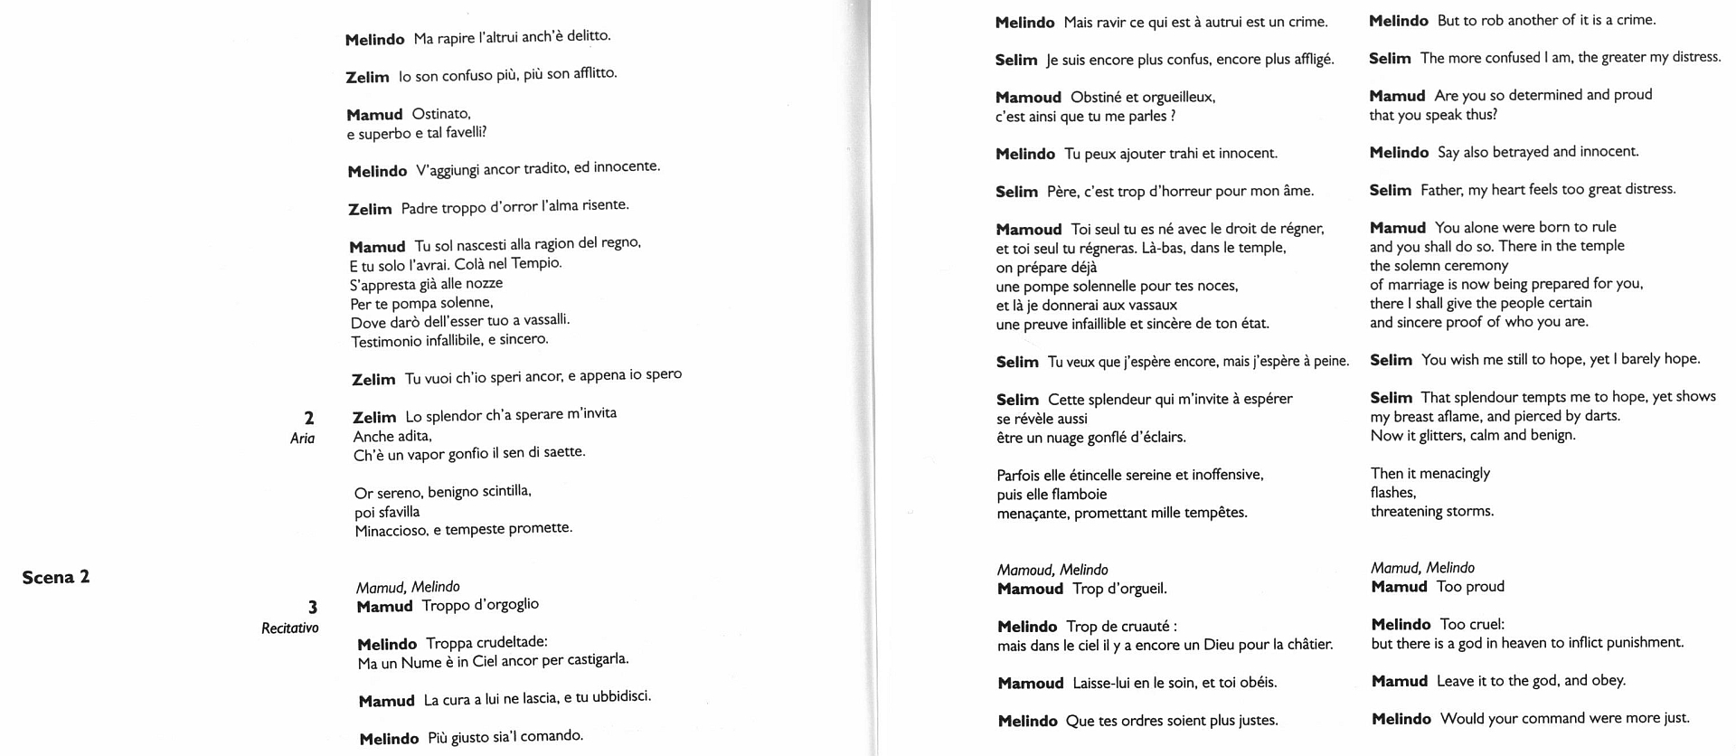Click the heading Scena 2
(56, 577)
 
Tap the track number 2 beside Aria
(309, 418)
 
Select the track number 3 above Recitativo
(313, 608)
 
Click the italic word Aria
(302, 439)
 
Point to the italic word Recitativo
(289, 628)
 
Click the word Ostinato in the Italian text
(441, 114)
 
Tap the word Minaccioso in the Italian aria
(391, 531)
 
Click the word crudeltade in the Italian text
(512, 642)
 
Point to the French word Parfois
(1019, 475)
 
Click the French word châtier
(1308, 644)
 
